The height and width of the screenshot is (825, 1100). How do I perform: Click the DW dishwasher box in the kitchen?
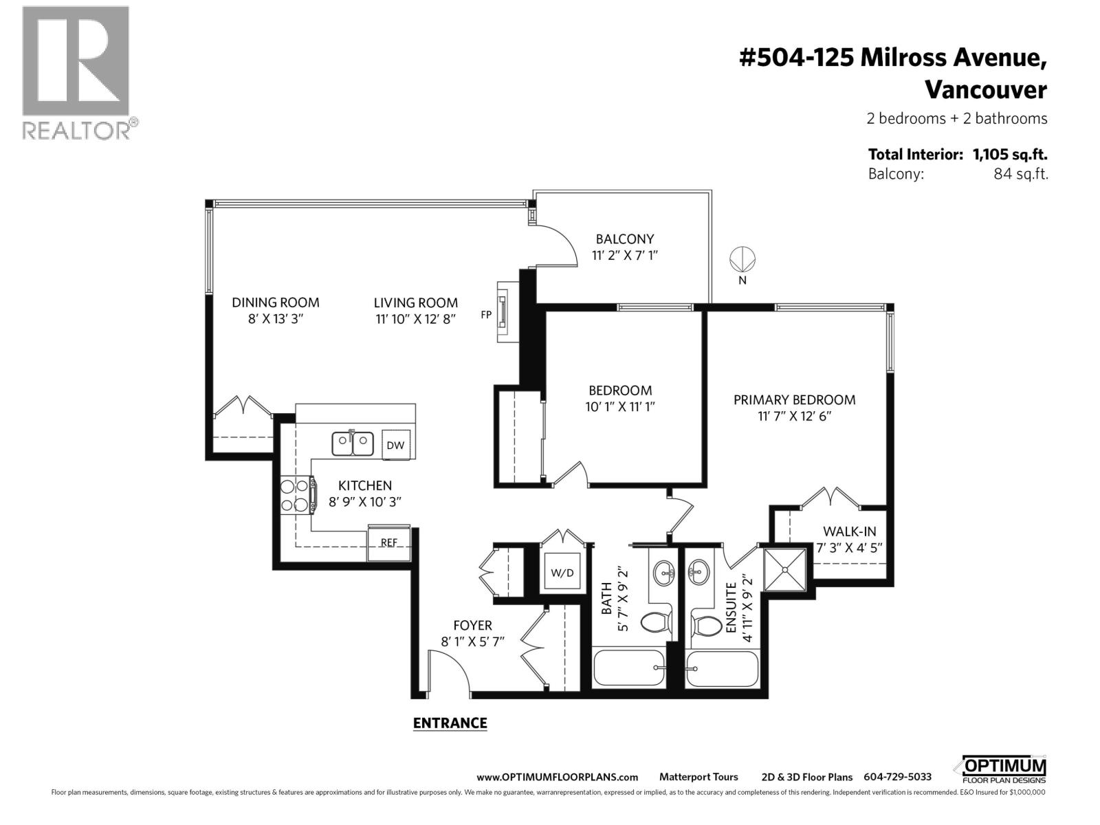coord(395,445)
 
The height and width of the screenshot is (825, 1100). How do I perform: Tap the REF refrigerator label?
coord(389,542)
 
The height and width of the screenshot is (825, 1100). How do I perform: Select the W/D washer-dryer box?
coord(562,573)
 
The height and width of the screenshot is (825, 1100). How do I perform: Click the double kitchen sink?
coord(353,443)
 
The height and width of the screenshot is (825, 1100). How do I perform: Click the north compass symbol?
coord(742,260)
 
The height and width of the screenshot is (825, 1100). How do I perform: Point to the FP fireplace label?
coord(486,315)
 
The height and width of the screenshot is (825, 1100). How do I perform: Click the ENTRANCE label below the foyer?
coord(450,723)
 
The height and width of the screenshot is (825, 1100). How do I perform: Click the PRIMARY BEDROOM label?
coord(794,399)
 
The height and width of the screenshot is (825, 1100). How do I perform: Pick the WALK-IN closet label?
coord(850,531)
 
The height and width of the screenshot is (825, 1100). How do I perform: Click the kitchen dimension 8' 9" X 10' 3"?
coord(364,502)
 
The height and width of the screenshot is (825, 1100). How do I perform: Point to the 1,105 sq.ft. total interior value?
coord(1009,155)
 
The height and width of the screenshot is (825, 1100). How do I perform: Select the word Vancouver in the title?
coord(985,90)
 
